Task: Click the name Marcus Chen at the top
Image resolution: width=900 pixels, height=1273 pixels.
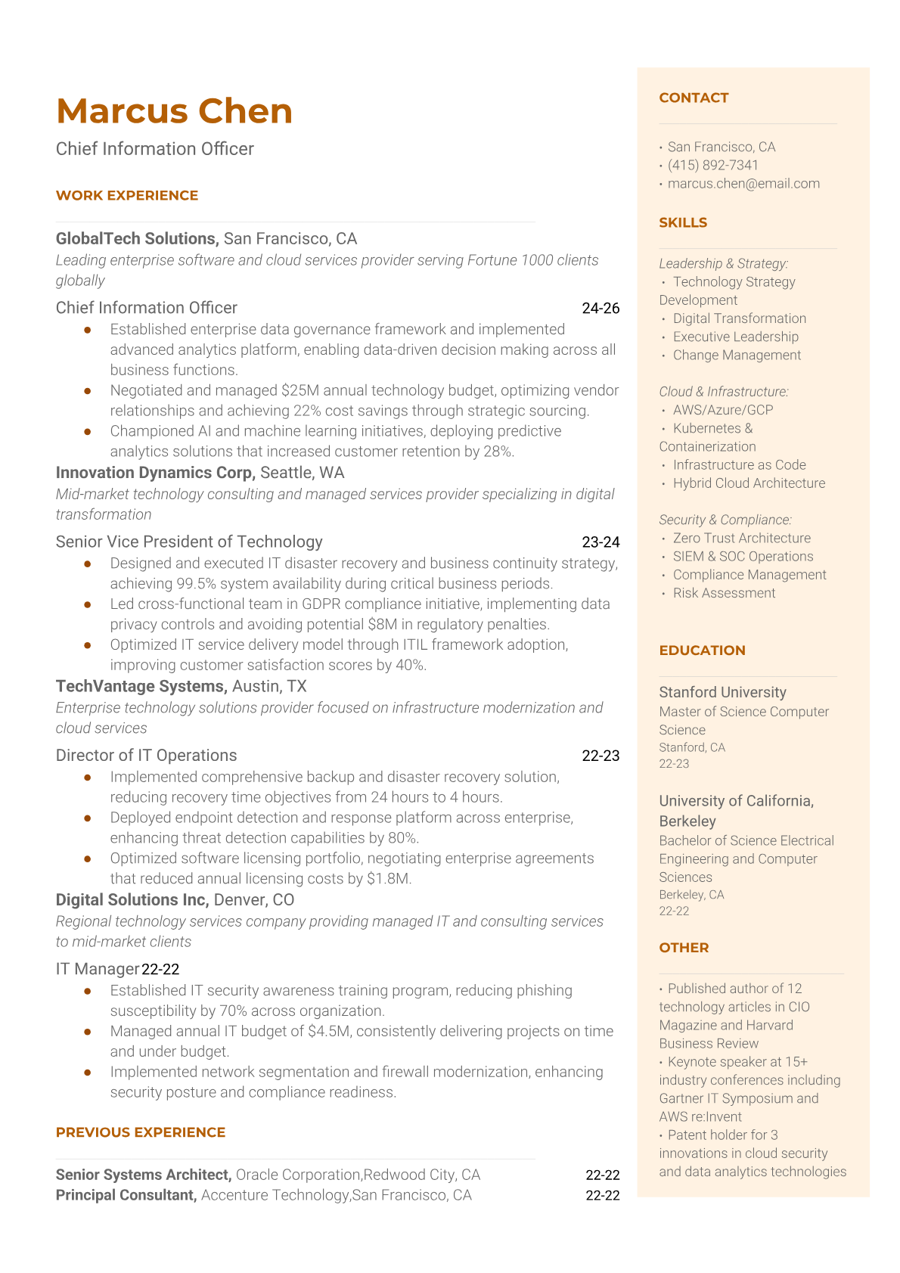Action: (x=174, y=111)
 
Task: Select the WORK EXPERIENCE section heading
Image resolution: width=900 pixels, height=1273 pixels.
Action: (x=127, y=195)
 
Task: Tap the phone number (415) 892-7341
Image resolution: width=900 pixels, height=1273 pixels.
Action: (x=712, y=165)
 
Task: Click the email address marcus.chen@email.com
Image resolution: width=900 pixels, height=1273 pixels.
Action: (x=743, y=183)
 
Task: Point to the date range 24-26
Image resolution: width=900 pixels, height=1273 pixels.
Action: (x=601, y=308)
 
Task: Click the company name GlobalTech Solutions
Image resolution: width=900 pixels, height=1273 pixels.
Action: (x=136, y=239)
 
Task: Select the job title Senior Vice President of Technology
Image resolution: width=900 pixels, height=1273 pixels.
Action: (x=189, y=542)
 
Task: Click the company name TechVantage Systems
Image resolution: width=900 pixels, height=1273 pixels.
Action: (x=141, y=686)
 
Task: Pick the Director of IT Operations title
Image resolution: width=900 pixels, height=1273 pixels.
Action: (x=146, y=756)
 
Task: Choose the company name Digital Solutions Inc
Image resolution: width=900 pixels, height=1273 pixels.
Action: (x=132, y=900)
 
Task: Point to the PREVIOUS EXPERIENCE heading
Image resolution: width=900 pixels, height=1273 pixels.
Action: (x=141, y=1132)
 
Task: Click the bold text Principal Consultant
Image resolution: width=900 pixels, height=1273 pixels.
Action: (x=126, y=1195)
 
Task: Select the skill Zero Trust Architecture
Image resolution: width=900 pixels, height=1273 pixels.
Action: (x=741, y=538)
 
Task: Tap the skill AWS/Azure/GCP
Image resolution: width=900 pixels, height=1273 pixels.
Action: (x=723, y=410)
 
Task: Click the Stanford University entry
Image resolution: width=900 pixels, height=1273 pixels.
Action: (x=722, y=692)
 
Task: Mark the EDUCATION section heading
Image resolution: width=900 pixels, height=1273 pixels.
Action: (x=702, y=650)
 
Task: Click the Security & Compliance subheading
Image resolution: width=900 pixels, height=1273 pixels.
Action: (x=725, y=520)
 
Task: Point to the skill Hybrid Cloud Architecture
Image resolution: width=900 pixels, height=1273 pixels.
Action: (x=749, y=483)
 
